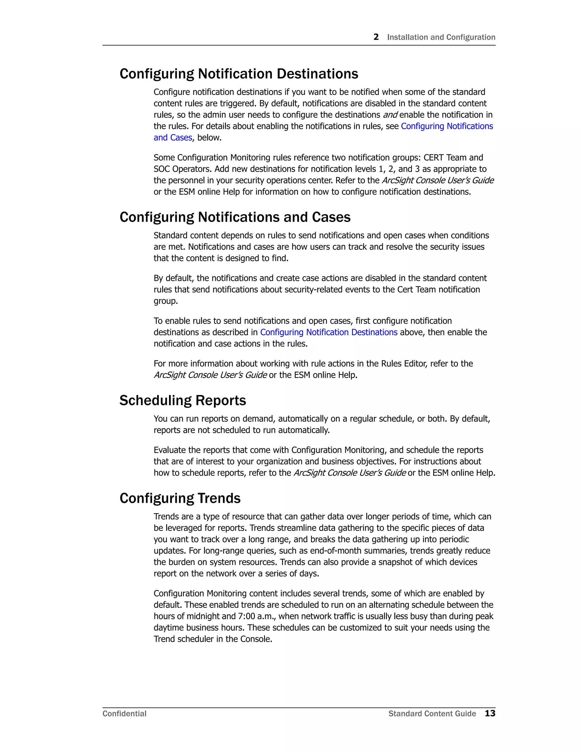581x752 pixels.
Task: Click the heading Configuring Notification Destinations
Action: coord(239,74)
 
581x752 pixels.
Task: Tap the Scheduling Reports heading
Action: coord(182,400)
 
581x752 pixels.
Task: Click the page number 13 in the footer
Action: coord(490,713)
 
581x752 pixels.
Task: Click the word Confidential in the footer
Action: coord(124,713)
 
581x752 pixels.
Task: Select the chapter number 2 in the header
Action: coord(376,37)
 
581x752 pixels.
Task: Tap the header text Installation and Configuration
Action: coord(441,37)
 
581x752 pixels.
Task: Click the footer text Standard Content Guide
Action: coord(432,713)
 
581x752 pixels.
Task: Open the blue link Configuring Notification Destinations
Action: coord(329,332)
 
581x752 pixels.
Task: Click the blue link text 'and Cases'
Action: coord(173,138)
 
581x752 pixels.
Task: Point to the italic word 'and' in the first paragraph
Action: coord(390,115)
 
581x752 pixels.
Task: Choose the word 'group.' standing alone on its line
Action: coord(166,301)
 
